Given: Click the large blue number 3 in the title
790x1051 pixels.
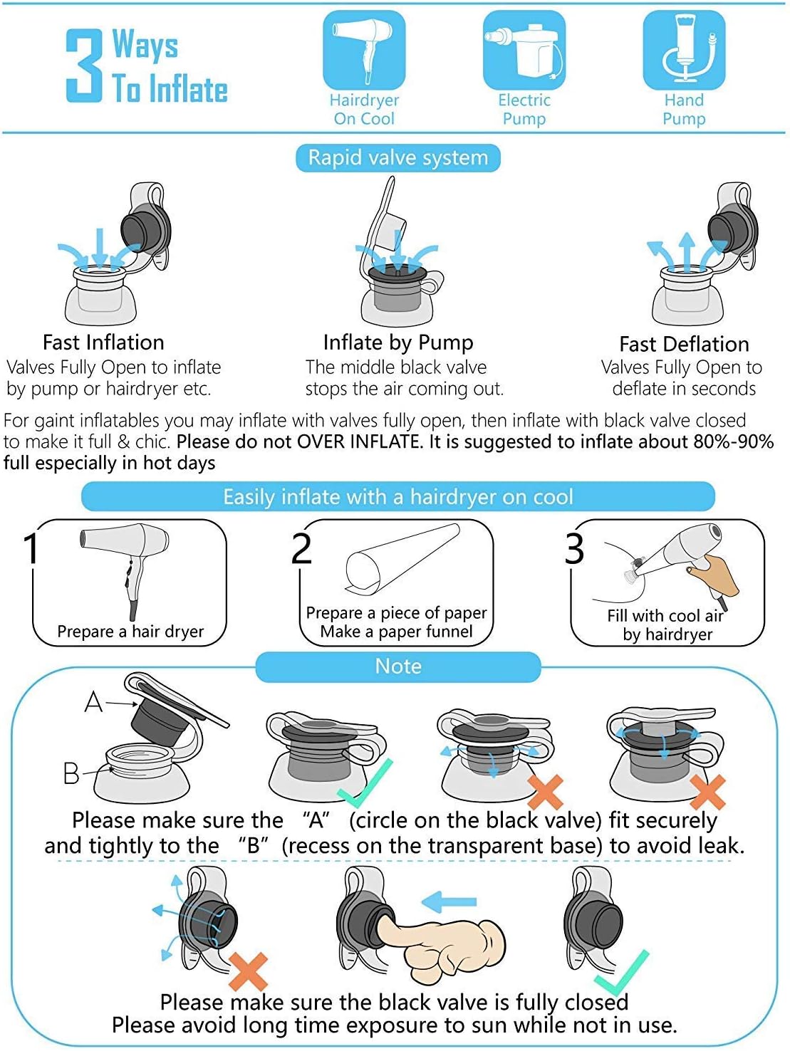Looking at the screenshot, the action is [84, 65].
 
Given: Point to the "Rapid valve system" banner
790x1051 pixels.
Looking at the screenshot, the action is [398, 158].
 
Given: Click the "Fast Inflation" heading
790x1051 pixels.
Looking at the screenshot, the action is [103, 343].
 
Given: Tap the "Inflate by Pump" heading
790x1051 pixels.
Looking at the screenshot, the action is [398, 343].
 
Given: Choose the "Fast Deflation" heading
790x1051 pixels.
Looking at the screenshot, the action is [684, 344].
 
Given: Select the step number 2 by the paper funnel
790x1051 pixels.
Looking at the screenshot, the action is [301, 549].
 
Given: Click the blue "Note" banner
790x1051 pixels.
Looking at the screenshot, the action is [398, 666].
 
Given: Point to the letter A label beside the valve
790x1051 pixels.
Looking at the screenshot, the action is [93, 702].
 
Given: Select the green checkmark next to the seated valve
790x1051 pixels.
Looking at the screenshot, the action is [365, 784].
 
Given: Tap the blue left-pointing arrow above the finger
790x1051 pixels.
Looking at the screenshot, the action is [449, 901].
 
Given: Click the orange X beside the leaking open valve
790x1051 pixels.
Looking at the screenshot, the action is [249, 972].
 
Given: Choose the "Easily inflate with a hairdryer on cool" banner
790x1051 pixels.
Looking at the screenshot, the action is [398, 496].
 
